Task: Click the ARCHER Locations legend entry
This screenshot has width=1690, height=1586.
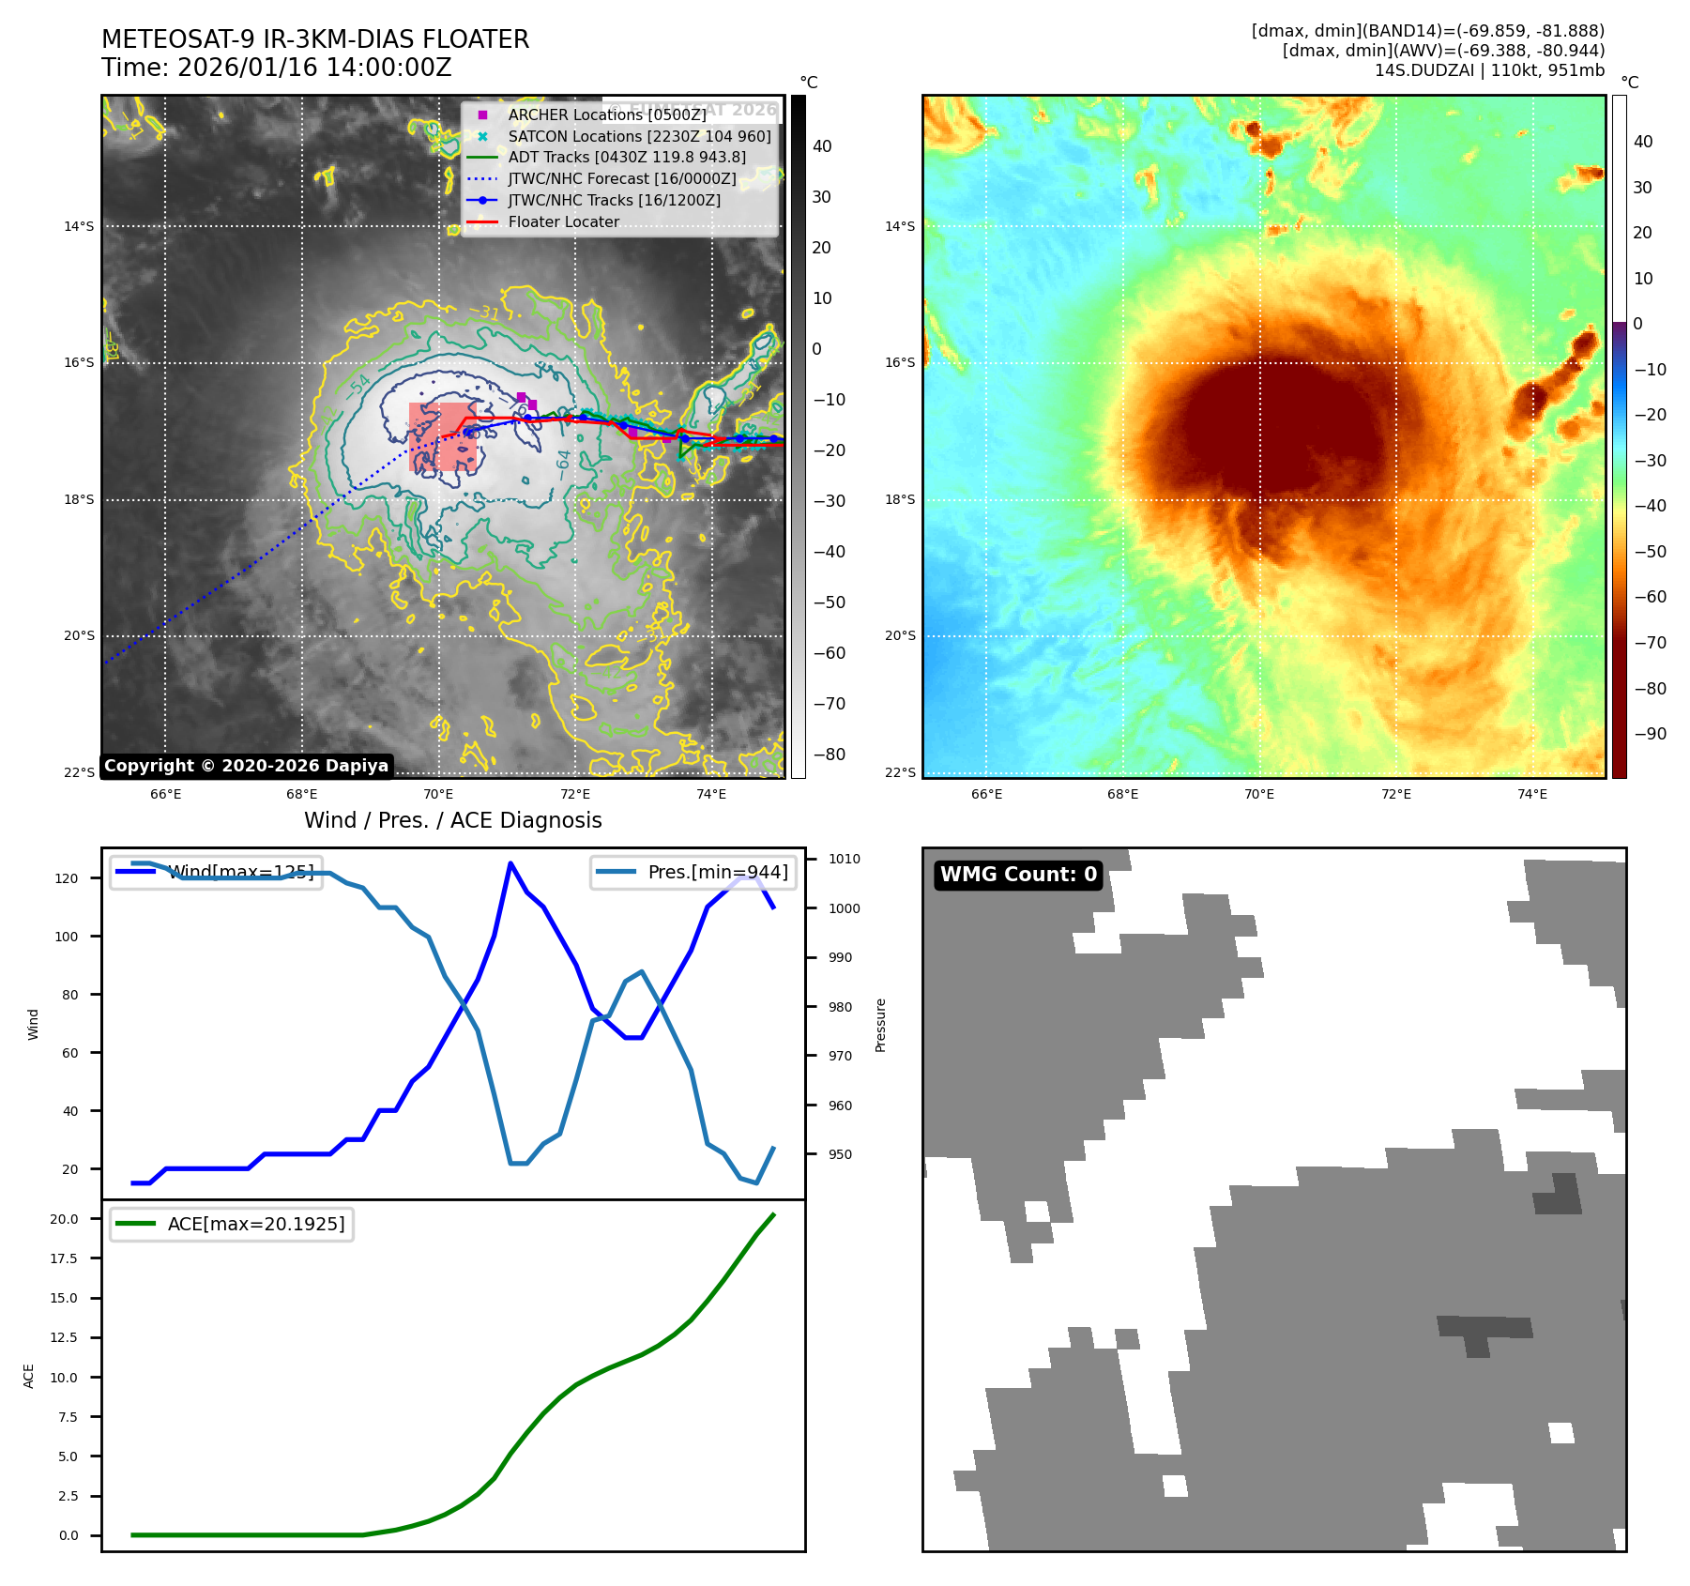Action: pos(606,114)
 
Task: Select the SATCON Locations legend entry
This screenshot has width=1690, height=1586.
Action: pos(639,136)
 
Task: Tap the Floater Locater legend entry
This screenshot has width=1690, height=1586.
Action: pos(563,222)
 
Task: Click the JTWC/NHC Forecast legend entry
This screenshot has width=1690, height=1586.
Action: pos(621,178)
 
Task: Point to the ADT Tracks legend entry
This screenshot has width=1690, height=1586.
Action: pos(627,158)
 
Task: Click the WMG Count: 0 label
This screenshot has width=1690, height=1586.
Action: pos(1018,875)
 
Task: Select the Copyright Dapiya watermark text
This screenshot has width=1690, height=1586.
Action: pos(246,766)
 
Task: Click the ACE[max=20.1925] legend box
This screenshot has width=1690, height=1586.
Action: pos(232,1224)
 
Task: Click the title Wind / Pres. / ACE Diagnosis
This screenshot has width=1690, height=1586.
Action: pos(452,820)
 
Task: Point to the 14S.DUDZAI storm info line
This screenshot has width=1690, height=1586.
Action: pos(1489,70)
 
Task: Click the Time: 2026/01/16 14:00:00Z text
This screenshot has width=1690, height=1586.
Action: pos(277,68)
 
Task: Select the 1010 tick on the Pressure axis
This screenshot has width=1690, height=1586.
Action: pos(844,859)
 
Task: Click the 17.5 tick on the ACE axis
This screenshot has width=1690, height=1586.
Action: pos(65,1258)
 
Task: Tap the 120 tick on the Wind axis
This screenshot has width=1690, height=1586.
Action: pos(67,878)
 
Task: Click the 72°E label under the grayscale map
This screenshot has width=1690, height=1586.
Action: pos(575,794)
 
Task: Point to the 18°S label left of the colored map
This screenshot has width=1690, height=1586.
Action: pos(900,499)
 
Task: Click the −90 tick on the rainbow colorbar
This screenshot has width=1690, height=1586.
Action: pos(1650,734)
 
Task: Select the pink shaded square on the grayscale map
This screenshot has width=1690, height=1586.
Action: pos(442,436)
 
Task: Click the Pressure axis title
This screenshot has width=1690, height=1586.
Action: pos(880,1025)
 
